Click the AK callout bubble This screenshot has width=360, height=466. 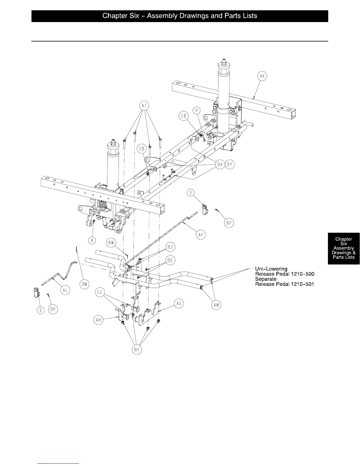point(262,76)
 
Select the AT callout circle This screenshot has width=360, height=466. point(144,105)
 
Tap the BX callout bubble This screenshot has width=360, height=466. point(220,165)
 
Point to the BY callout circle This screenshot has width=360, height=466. point(230,165)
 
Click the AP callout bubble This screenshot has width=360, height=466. point(201,234)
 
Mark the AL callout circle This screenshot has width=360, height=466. point(65,290)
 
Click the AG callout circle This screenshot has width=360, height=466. point(179,303)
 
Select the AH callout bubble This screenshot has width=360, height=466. point(99,320)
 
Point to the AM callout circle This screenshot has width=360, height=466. point(216,305)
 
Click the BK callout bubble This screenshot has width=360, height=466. point(136,349)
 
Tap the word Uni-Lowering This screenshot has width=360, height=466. point(271,269)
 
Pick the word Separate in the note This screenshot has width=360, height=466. point(266,279)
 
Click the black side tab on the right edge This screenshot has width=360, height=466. point(344,248)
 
